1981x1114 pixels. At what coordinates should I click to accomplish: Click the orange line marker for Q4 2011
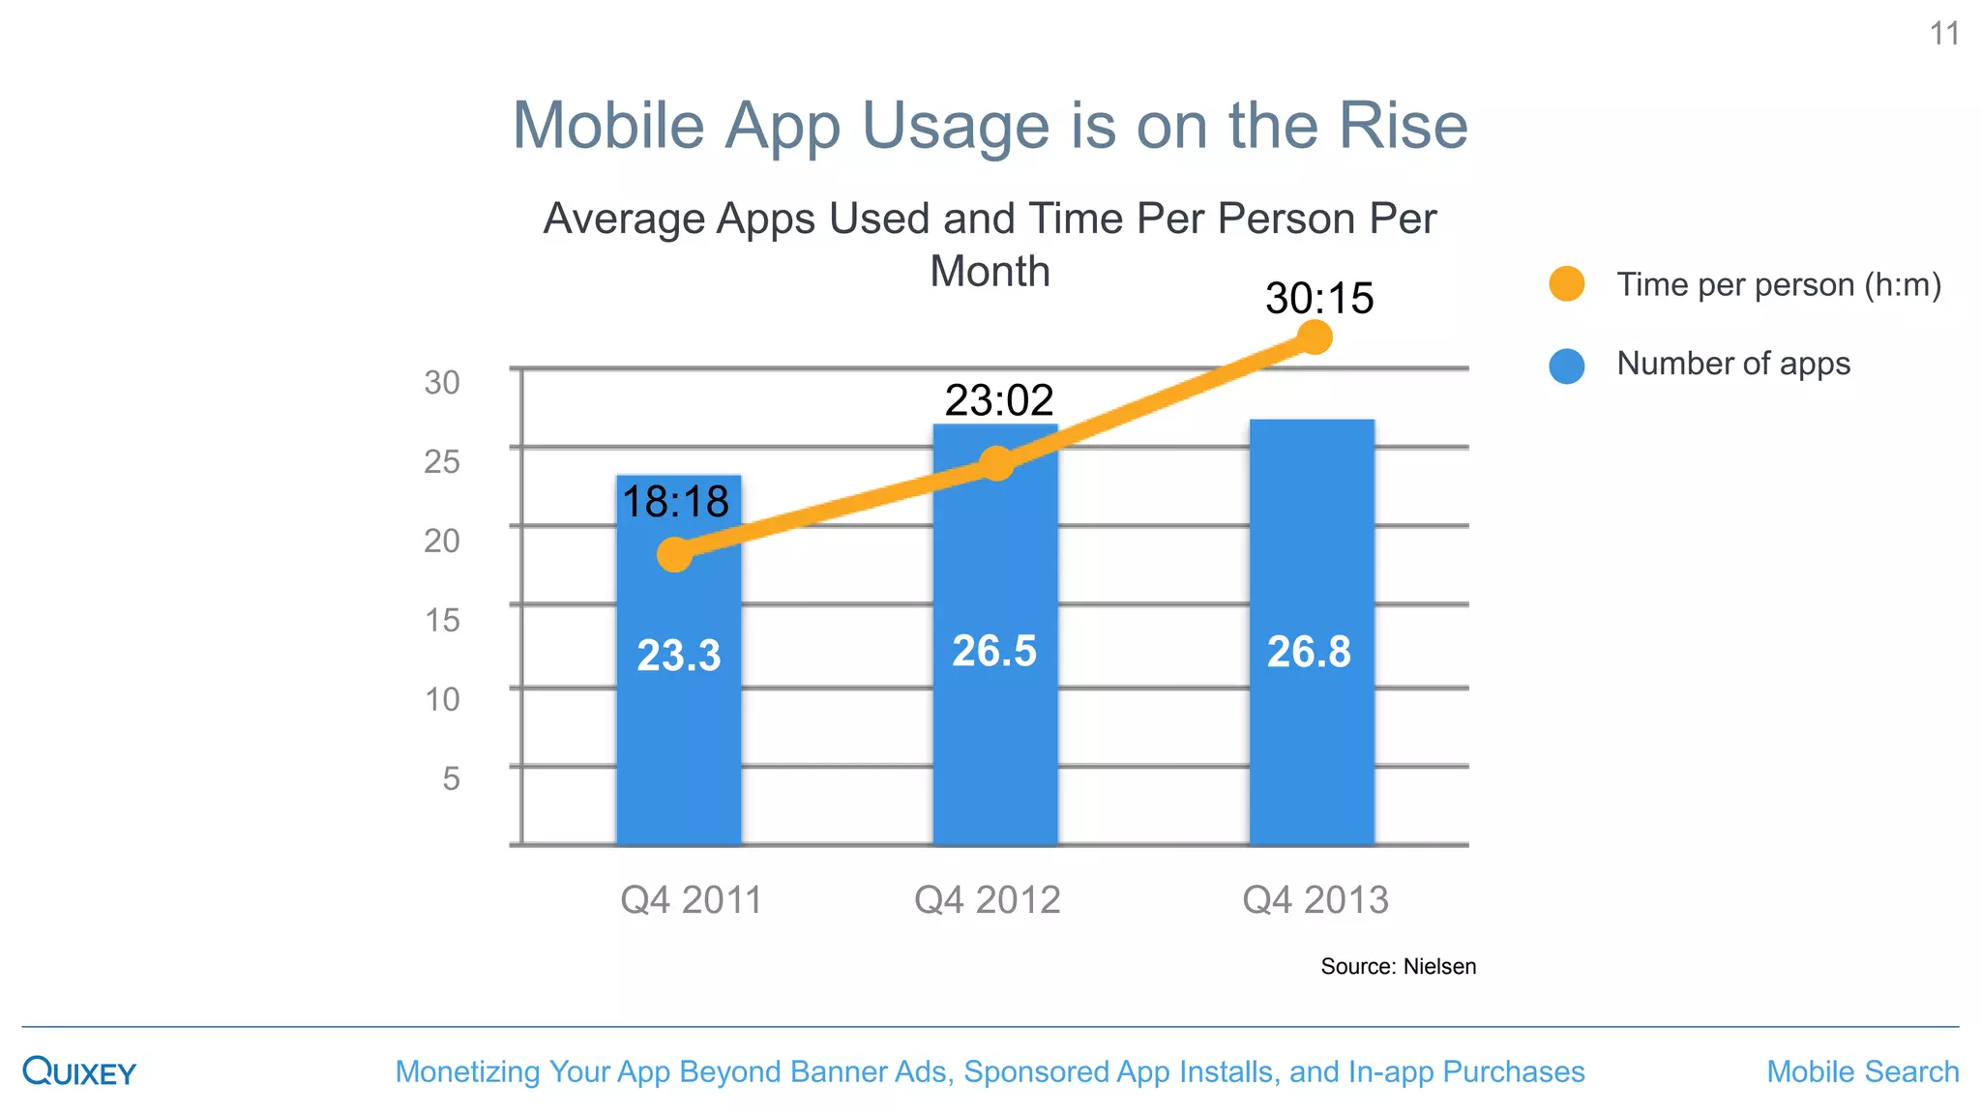point(674,554)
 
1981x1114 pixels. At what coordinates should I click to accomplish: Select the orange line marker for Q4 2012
point(996,463)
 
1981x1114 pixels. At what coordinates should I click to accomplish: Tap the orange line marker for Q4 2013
point(1314,337)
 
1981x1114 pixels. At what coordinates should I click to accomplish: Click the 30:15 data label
point(1319,298)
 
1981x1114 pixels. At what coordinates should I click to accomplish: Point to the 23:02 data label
point(998,400)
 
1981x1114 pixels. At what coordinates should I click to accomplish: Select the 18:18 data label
point(675,502)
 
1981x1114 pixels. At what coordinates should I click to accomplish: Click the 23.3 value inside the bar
point(679,656)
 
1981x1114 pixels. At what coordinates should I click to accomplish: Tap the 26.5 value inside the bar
point(994,651)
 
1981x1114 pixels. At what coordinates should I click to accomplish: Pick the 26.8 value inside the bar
point(1309,652)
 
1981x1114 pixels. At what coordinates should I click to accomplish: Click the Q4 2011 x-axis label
point(691,900)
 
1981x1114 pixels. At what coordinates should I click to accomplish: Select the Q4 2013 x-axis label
point(1316,900)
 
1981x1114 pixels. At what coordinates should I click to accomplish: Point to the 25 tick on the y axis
point(442,461)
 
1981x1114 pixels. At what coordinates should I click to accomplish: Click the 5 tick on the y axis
point(451,778)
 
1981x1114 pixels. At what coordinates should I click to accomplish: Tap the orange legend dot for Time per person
point(1566,284)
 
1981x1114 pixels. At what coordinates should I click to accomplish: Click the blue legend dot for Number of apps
point(1566,366)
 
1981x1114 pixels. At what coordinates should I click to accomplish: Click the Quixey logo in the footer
point(79,1071)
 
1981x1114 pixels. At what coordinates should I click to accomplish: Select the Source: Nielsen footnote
point(1398,966)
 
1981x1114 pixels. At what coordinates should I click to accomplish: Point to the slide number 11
point(1944,35)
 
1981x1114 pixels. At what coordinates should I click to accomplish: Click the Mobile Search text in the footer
point(1862,1071)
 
